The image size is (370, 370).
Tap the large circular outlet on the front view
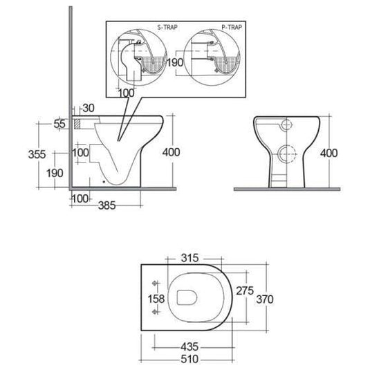[286, 154]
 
